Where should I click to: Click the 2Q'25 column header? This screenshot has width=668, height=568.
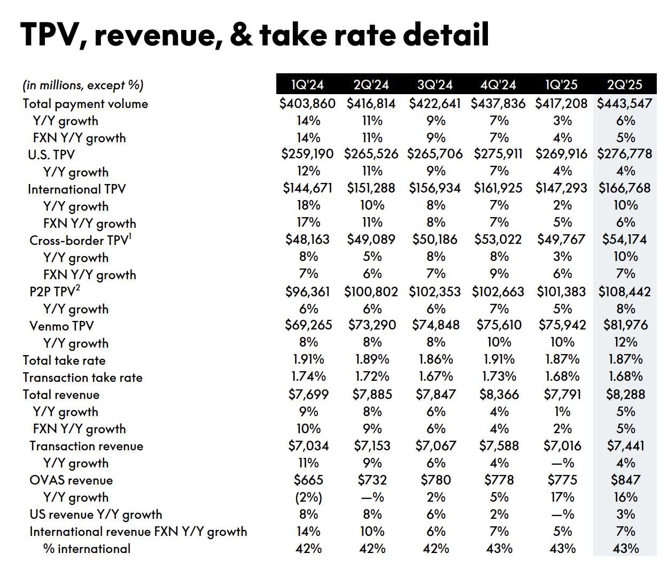click(x=624, y=85)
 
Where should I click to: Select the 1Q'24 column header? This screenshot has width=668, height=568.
click(x=307, y=85)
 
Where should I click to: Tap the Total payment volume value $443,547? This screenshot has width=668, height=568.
click(x=624, y=103)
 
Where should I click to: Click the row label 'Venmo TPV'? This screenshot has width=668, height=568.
click(x=61, y=326)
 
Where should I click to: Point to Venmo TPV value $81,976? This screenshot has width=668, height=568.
click(x=625, y=325)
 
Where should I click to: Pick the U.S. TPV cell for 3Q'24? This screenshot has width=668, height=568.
click(x=434, y=154)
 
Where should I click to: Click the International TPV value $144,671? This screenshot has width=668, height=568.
click(x=307, y=188)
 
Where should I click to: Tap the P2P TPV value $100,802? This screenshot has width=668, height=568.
click(x=371, y=291)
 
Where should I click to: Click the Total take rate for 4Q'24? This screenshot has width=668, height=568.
click(x=499, y=359)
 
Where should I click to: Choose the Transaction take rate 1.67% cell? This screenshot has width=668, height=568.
click(x=436, y=377)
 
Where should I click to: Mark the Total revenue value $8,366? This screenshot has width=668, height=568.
click(x=499, y=395)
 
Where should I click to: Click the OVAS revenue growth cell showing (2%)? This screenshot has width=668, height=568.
click(x=308, y=497)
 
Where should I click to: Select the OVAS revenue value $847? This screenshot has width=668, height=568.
click(x=625, y=480)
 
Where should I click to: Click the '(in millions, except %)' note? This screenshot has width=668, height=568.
click(x=83, y=85)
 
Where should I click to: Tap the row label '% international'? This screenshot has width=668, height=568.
click(x=87, y=549)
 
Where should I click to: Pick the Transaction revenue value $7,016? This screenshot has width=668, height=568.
click(x=562, y=446)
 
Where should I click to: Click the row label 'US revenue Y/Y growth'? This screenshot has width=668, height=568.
click(x=96, y=515)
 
